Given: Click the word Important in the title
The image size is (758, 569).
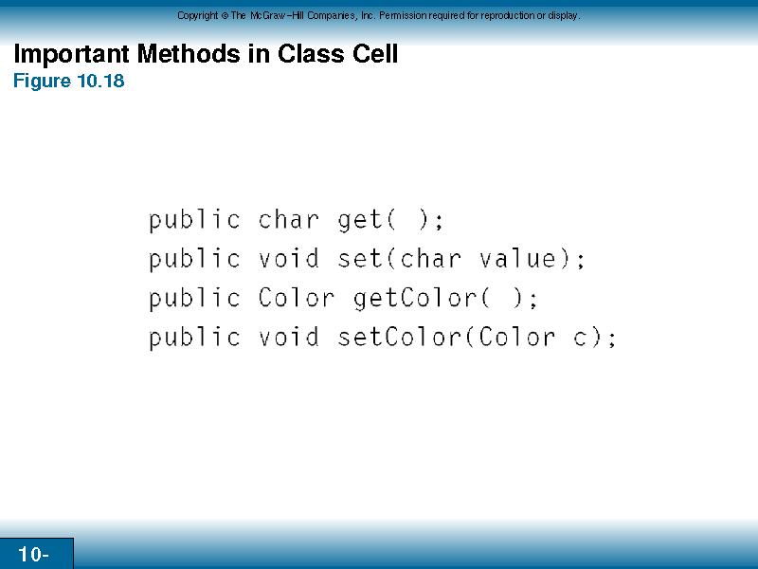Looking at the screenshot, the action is (x=71, y=54).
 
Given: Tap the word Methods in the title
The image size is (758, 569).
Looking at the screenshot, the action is (x=189, y=53).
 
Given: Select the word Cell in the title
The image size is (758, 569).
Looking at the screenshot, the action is (x=375, y=53).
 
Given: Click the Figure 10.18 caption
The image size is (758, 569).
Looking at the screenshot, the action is (x=68, y=81).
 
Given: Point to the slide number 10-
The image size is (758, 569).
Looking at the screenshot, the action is (x=33, y=554).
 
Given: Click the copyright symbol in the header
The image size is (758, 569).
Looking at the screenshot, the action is (x=225, y=15).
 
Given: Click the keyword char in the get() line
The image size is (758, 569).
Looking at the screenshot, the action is (x=289, y=220).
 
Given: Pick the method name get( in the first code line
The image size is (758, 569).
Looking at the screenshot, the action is (x=367, y=221).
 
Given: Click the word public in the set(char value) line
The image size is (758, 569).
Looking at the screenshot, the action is (x=194, y=259).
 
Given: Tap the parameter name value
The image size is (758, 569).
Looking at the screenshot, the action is (x=517, y=258).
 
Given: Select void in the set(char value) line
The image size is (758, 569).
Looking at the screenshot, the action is (x=289, y=258).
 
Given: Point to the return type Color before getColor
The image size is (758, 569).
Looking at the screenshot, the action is (x=296, y=298).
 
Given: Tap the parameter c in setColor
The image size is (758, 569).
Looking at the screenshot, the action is (x=581, y=339).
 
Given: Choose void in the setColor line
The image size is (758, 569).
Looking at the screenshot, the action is (x=289, y=337).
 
